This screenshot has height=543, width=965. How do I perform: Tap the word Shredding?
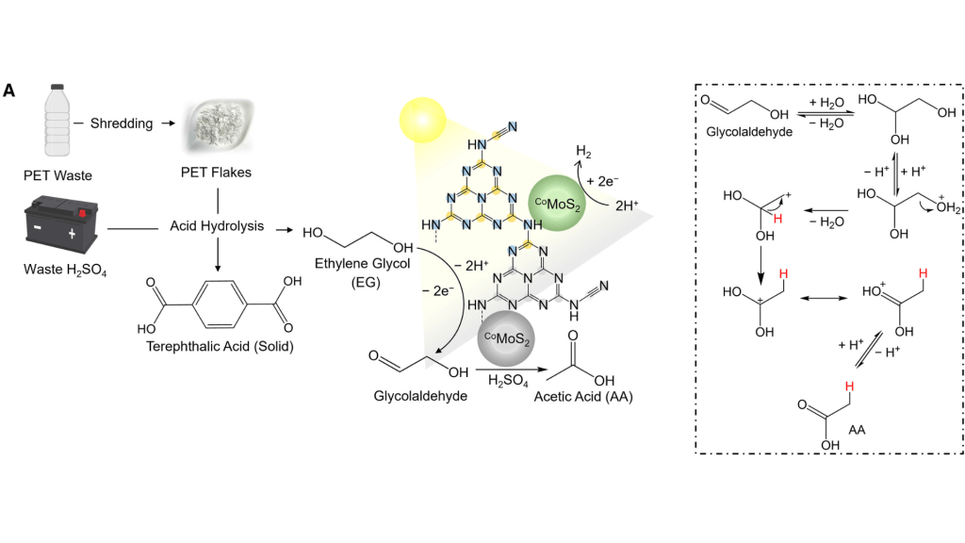click(122, 123)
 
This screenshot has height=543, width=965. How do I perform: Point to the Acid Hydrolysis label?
click(218, 228)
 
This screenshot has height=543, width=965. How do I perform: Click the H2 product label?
click(584, 151)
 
